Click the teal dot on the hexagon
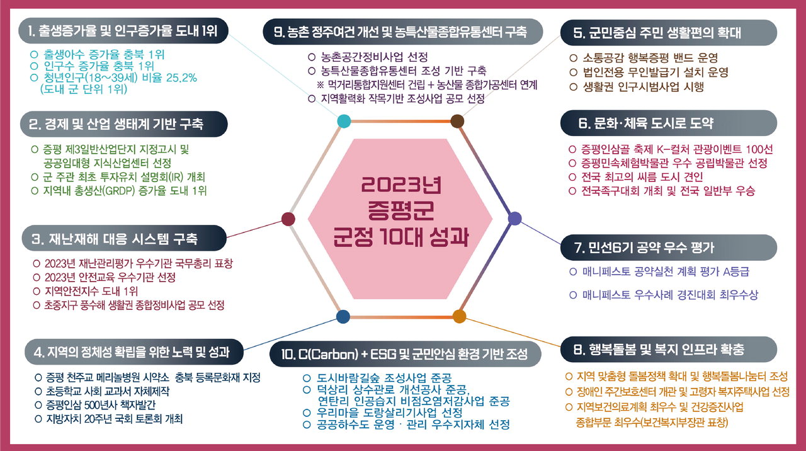(x=344, y=122)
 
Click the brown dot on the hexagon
(x=457, y=122)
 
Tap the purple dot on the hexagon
(x=514, y=219)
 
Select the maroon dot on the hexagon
(x=288, y=219)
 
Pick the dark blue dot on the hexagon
(x=343, y=316)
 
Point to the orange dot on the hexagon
(x=459, y=316)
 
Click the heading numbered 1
(x=123, y=31)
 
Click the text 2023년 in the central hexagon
(x=401, y=185)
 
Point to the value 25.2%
(x=181, y=77)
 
